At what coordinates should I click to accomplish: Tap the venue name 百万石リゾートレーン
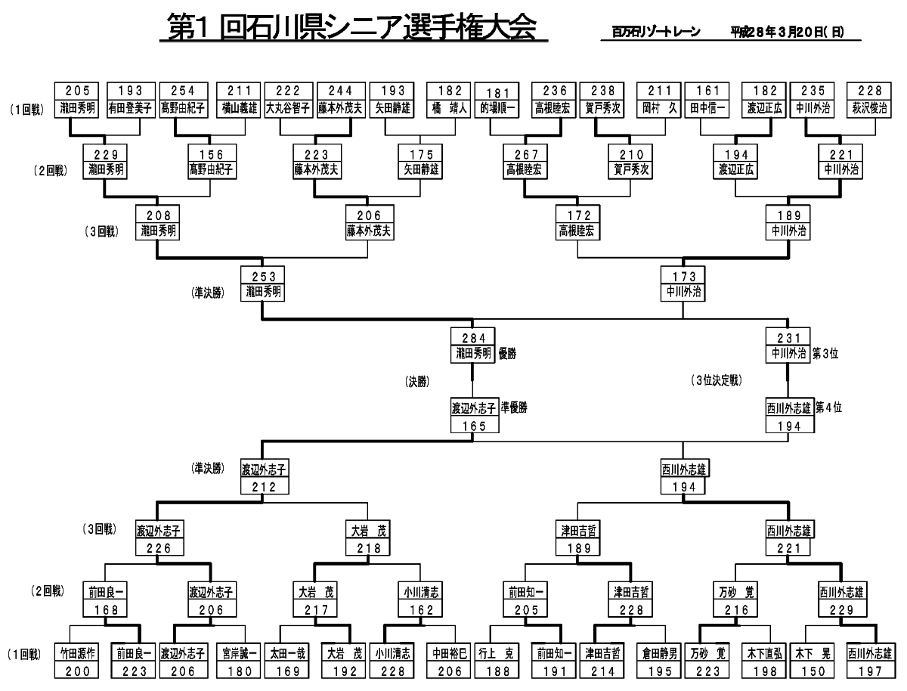[656, 33]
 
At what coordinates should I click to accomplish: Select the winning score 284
[473, 337]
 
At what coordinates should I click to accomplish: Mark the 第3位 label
[826, 352]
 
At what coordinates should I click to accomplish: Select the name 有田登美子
[131, 107]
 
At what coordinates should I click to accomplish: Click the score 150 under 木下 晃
[813, 671]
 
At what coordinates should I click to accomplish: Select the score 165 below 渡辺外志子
[473, 426]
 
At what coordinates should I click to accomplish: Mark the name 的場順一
[499, 107]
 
